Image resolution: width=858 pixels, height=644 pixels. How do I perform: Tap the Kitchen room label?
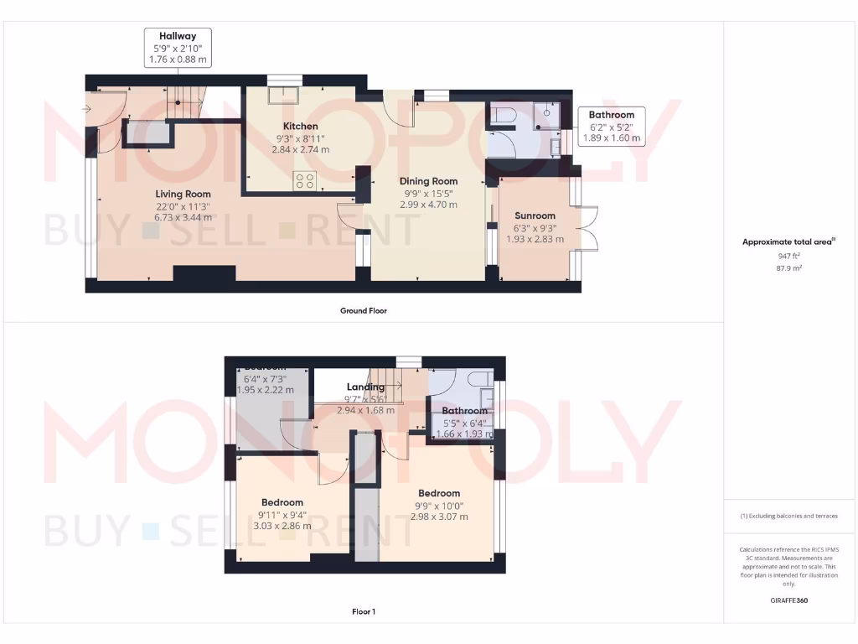(300, 127)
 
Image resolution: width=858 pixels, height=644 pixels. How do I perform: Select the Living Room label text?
(183, 194)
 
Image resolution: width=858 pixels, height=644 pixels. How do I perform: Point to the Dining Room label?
(428, 180)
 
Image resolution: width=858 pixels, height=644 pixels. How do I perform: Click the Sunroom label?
(535, 216)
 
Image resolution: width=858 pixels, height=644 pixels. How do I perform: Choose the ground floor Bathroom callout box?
(612, 126)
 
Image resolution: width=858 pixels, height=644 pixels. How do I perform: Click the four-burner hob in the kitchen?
(304, 180)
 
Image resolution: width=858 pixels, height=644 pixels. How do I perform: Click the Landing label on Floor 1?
(365, 387)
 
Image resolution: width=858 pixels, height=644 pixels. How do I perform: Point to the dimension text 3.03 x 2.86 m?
(282, 526)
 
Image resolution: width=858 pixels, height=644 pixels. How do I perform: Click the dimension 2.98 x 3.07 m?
(439, 517)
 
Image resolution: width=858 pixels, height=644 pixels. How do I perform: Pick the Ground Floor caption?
(364, 310)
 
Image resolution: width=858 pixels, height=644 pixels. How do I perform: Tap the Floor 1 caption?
(364, 612)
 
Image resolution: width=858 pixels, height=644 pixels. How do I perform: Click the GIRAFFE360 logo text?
(789, 600)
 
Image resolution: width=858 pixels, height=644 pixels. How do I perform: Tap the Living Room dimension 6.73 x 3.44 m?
(183, 216)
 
